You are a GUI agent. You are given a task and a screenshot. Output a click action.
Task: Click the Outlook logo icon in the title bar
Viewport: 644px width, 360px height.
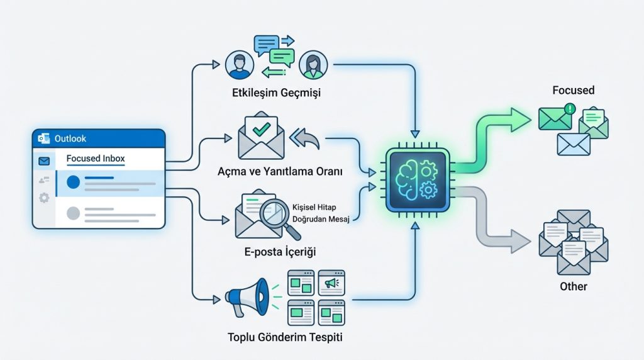click(x=43, y=138)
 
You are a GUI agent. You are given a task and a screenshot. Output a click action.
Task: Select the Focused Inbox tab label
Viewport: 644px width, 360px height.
click(x=96, y=159)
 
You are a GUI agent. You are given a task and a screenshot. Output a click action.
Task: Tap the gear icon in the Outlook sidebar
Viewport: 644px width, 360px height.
click(x=44, y=198)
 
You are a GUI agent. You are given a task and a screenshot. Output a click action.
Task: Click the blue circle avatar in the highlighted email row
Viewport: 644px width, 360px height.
click(x=73, y=182)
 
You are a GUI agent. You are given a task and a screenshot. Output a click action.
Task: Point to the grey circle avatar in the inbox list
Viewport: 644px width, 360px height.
click(x=73, y=213)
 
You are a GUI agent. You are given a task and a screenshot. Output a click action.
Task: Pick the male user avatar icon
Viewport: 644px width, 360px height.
click(x=239, y=64)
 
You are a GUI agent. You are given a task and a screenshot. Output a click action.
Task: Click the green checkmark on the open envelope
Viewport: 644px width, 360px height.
click(x=260, y=130)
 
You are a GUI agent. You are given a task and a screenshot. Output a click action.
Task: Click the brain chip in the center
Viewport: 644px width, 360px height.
click(x=416, y=179)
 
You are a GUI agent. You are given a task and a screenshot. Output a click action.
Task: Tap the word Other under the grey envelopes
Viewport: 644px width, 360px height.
click(x=573, y=286)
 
